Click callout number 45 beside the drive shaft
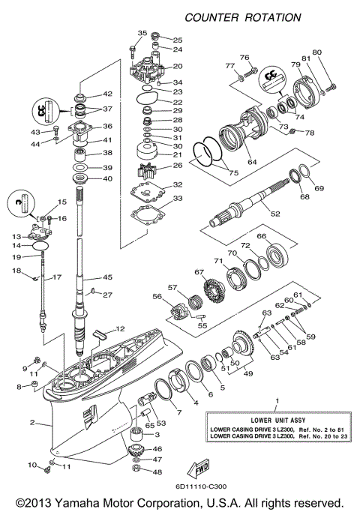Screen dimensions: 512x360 click(x=108, y=277)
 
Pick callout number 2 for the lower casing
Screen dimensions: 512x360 click(x=32, y=423)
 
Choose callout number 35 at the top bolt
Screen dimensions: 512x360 click(x=142, y=34)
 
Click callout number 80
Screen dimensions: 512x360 click(x=316, y=52)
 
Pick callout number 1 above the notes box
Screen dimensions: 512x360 click(x=277, y=402)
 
